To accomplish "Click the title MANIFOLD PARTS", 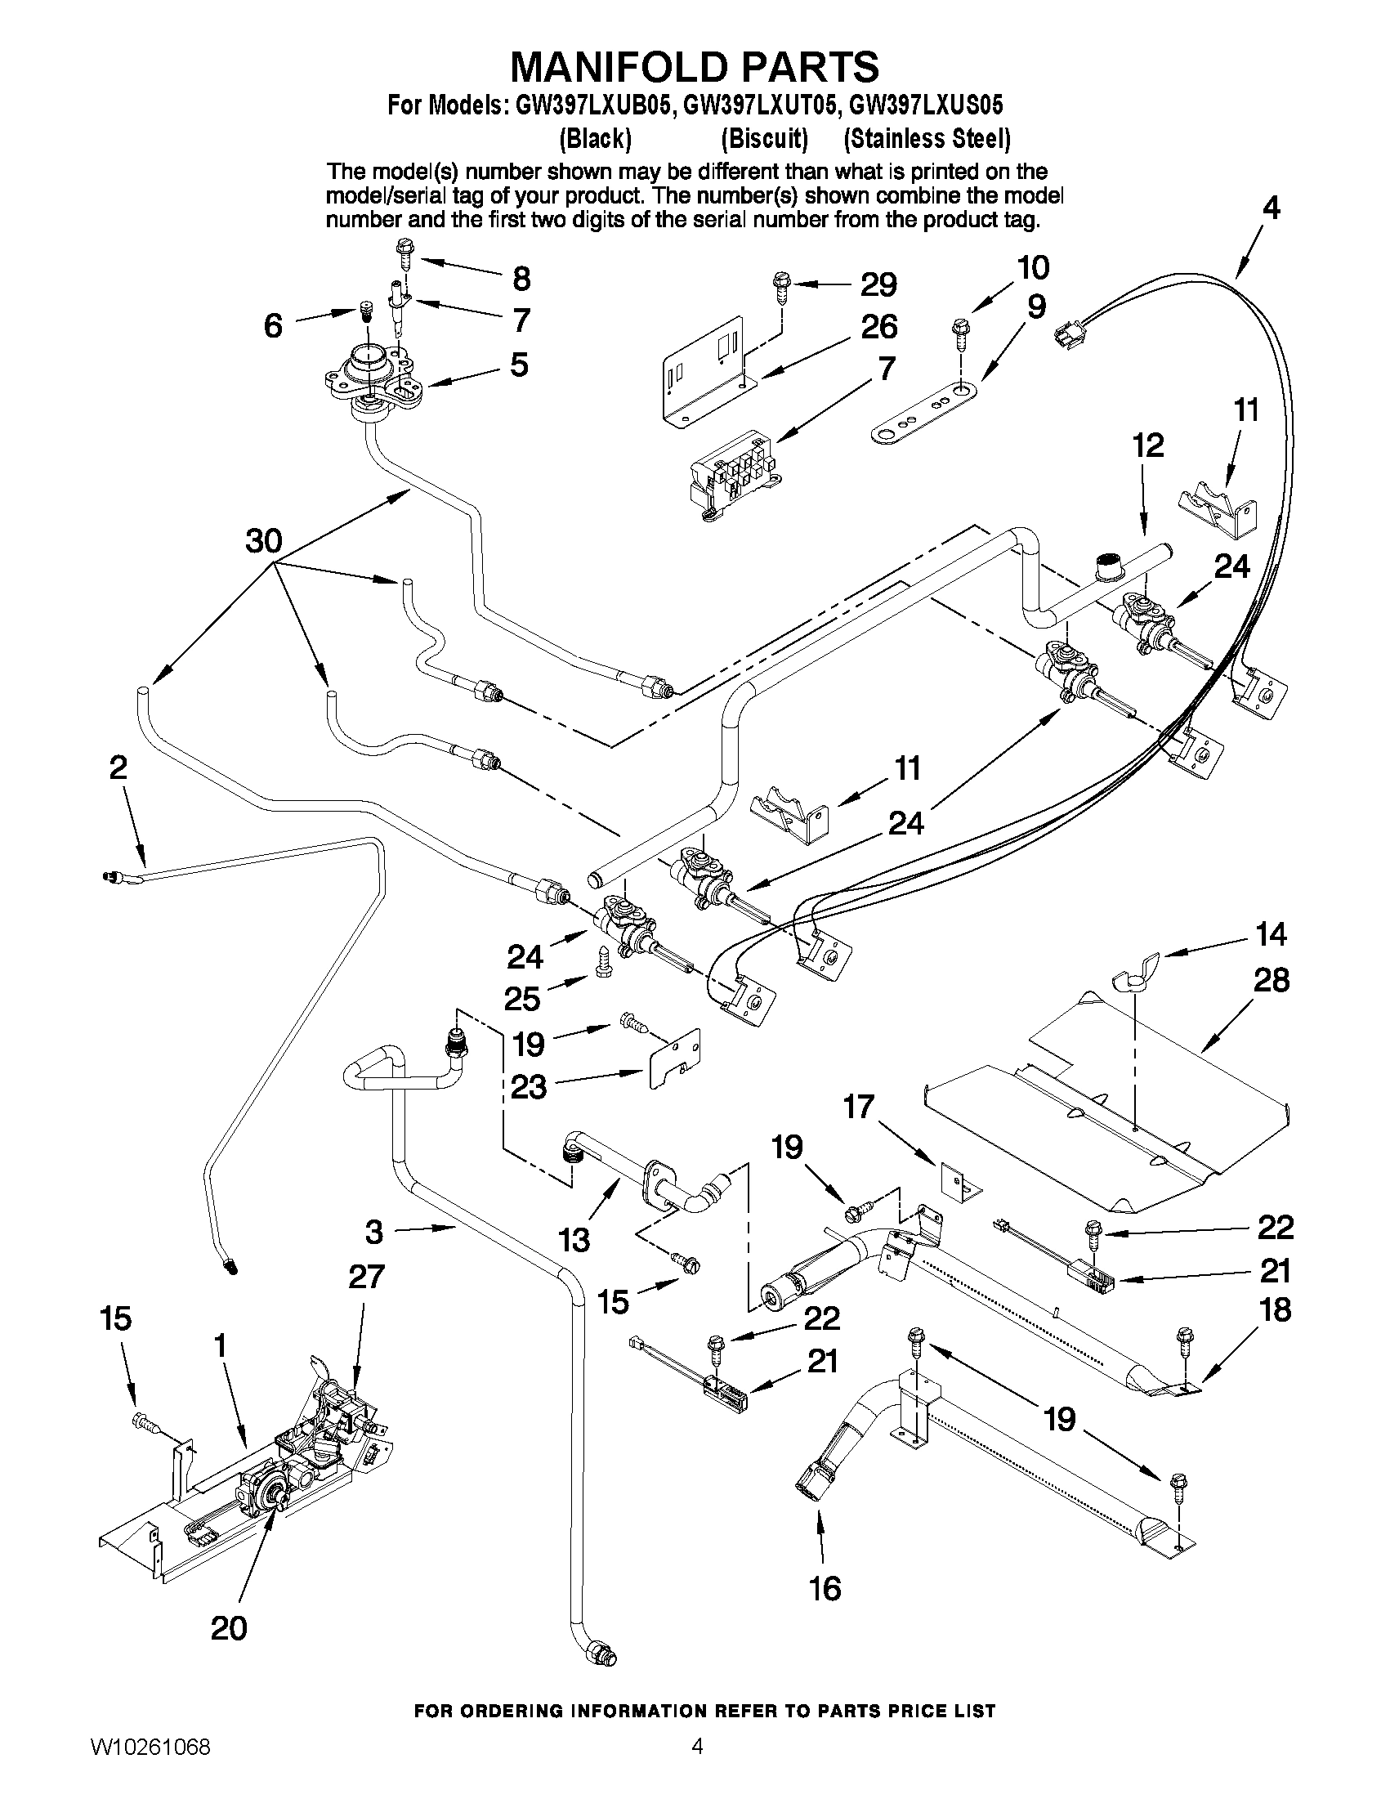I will pyautogui.click(x=694, y=67).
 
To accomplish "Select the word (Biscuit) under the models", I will pyautogui.click(x=763, y=139).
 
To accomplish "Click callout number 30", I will pyautogui.click(x=263, y=541).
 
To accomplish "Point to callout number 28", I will pyautogui.click(x=1270, y=980).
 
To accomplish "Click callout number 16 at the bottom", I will pyautogui.click(x=825, y=1587).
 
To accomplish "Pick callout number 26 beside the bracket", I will pyautogui.click(x=878, y=327).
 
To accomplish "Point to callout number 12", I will pyautogui.click(x=1147, y=445).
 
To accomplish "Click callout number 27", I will pyautogui.click(x=365, y=1276).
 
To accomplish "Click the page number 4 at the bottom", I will pyautogui.click(x=697, y=1768).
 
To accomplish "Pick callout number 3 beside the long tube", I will pyautogui.click(x=373, y=1233).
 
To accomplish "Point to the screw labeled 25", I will pyautogui.click(x=602, y=960).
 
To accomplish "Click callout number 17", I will pyautogui.click(x=858, y=1106).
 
